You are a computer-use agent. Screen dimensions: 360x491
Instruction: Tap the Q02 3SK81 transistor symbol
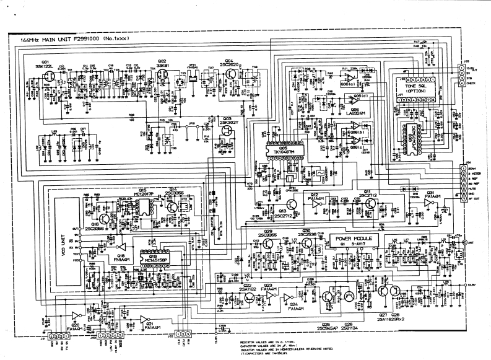[163, 76]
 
